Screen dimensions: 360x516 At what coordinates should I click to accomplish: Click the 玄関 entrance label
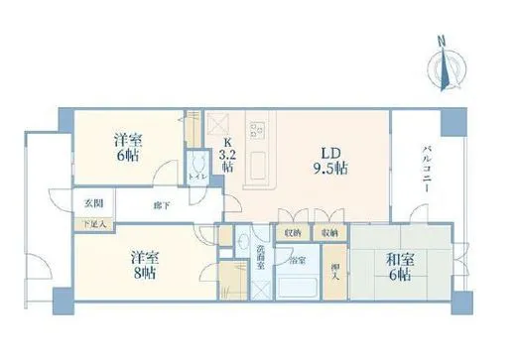93,203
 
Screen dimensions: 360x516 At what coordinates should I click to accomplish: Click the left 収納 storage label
293,232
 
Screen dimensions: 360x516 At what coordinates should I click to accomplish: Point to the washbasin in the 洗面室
243,241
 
